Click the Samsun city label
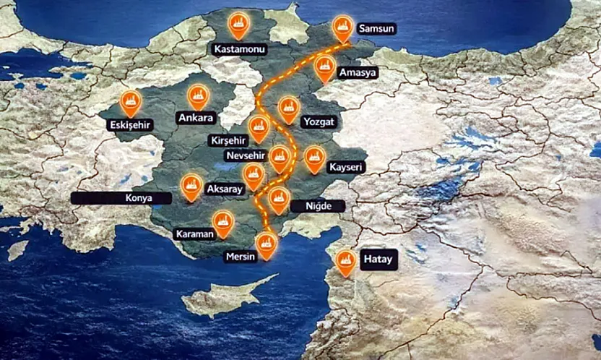click(376, 30)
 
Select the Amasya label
click(358, 73)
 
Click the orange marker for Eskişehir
click(130, 103)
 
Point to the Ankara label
click(195, 118)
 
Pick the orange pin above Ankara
click(198, 96)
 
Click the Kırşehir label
click(228, 139)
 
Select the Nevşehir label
click(245, 156)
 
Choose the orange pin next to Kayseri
click(314, 158)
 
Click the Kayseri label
click(346, 168)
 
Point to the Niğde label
click(318, 206)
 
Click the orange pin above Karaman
click(223, 223)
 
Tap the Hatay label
click(378, 260)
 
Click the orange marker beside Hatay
click(346, 262)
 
